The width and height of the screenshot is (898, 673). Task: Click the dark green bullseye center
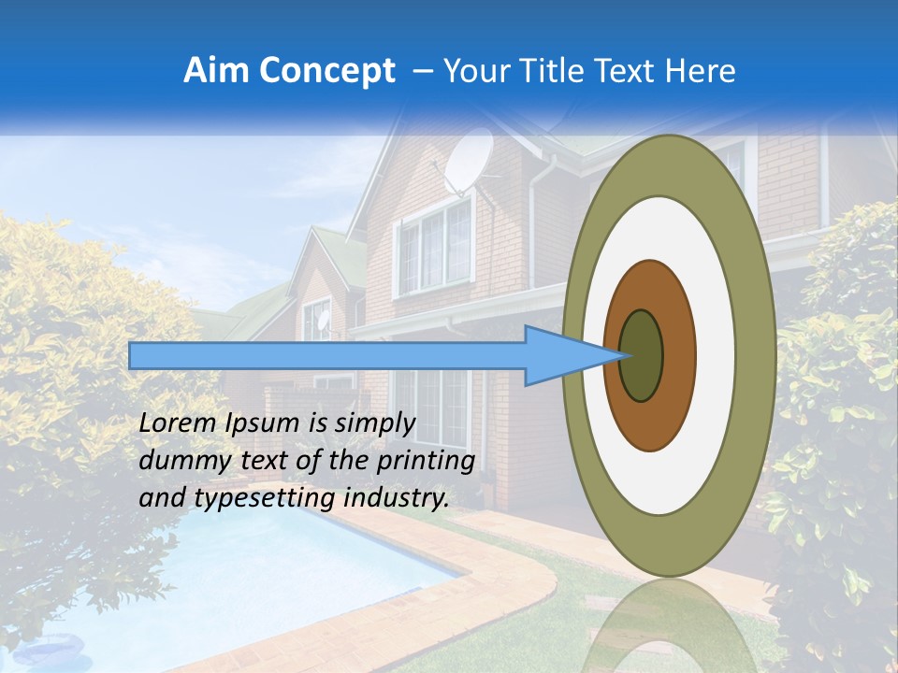pyautogui.click(x=642, y=356)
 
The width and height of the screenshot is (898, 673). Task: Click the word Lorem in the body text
pyautogui.click(x=179, y=423)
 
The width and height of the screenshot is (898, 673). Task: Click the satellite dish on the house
pyautogui.click(x=468, y=160)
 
